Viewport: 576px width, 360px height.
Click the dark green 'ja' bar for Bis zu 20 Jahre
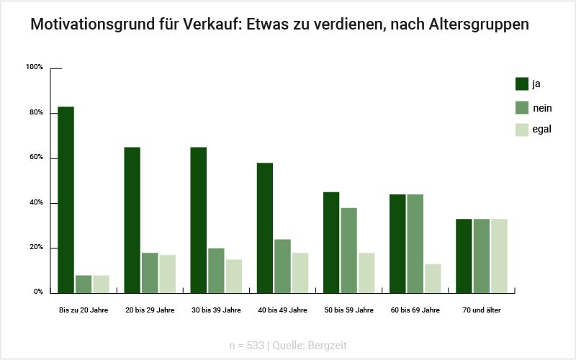66,199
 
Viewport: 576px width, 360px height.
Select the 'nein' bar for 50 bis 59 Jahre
348,250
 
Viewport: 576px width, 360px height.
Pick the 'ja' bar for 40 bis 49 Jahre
265,228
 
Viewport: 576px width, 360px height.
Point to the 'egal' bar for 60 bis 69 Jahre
433,278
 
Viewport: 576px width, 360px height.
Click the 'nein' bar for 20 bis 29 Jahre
150,273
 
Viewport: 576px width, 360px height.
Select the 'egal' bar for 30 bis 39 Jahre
233,276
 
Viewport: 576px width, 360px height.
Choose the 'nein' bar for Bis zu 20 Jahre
84,284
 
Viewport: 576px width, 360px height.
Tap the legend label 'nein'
542,107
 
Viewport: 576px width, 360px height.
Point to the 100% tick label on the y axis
35,68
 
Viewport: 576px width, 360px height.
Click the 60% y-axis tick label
37,158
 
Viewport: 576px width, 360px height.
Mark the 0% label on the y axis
38,292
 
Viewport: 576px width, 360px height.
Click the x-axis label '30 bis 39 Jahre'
216,310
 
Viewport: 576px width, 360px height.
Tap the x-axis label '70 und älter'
482,310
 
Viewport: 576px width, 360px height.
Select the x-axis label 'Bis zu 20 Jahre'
83,310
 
